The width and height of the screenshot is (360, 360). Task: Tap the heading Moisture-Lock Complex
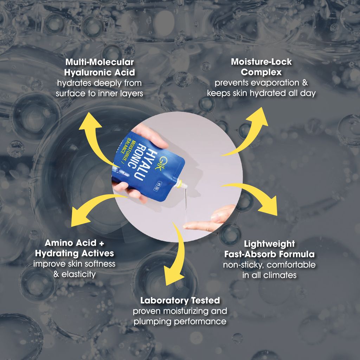[x=261, y=67]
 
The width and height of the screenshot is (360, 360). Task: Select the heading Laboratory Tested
[x=180, y=301]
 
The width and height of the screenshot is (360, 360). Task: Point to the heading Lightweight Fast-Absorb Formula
[x=269, y=249]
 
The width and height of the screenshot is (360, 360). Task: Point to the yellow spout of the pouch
[x=181, y=184]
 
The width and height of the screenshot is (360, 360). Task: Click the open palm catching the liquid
[x=211, y=220]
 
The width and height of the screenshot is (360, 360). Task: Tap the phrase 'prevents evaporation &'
[x=261, y=83]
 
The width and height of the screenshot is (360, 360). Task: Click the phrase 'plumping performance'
[x=180, y=321]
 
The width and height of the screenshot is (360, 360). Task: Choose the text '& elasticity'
[x=74, y=274]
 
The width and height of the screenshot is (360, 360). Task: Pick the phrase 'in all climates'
[x=269, y=275]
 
